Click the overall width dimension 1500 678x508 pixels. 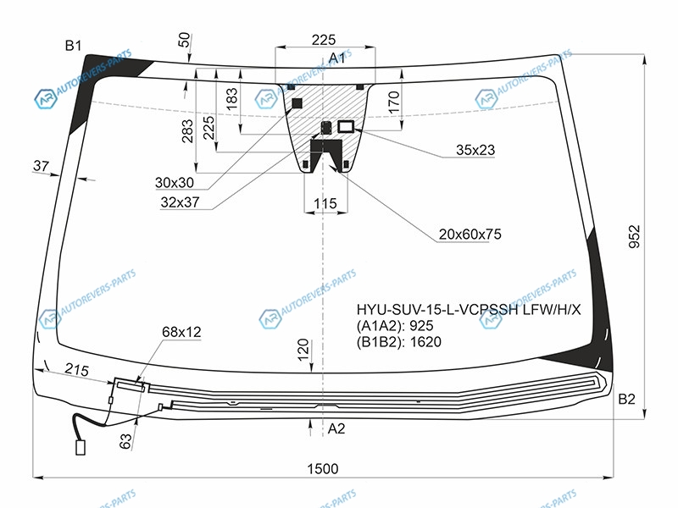click(323, 469)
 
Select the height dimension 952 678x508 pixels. click(634, 236)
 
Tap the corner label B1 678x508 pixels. click(73, 46)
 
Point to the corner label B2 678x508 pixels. click(626, 399)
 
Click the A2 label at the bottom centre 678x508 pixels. click(336, 428)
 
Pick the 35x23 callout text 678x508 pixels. click(475, 150)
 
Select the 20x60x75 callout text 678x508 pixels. click(470, 235)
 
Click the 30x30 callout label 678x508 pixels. click(175, 183)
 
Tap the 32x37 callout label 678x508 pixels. click(180, 202)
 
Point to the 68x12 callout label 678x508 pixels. click(181, 332)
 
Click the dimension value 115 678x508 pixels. click(325, 203)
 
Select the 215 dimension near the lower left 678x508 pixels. click(77, 369)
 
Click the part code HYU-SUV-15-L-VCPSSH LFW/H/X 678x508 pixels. click(469, 309)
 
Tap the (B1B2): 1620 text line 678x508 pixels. click(398, 342)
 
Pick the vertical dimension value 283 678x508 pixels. click(187, 131)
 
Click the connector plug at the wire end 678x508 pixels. click(81, 448)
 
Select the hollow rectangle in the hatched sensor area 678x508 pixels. click(346, 126)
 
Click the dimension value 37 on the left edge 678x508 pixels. click(41, 165)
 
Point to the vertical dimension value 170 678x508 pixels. click(393, 102)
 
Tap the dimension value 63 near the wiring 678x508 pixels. click(125, 441)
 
